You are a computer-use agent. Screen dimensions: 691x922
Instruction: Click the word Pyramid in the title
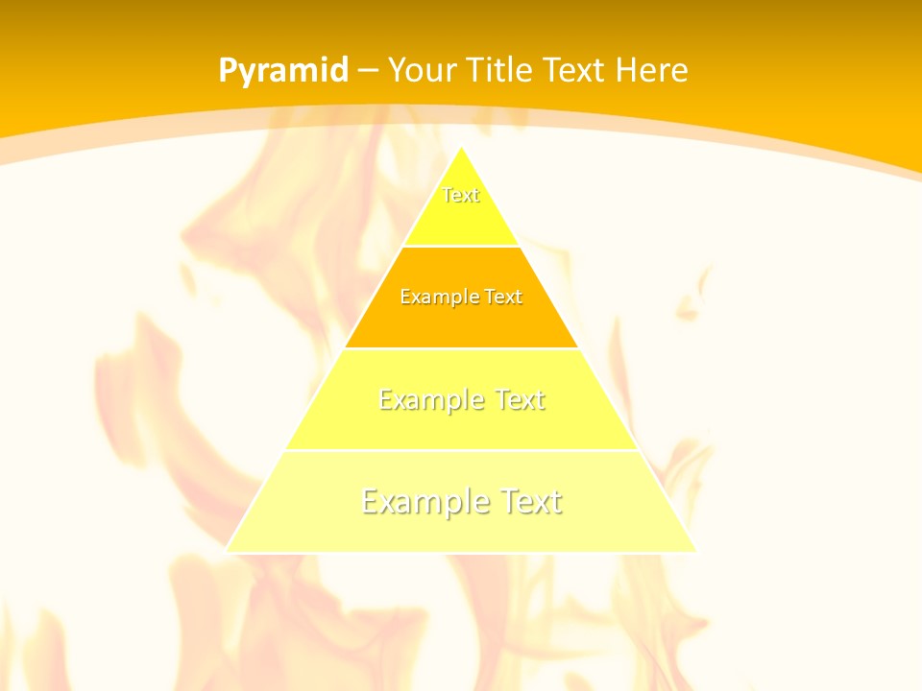(x=283, y=71)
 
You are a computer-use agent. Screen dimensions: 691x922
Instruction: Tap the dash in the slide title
(x=369, y=71)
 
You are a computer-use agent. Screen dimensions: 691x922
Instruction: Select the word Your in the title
(x=422, y=71)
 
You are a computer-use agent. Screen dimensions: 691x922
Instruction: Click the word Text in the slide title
(x=575, y=71)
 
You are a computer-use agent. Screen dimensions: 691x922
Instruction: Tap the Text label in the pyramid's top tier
(x=461, y=195)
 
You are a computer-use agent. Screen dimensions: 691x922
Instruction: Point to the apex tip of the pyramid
(x=461, y=147)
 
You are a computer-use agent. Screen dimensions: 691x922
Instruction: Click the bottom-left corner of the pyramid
(x=227, y=551)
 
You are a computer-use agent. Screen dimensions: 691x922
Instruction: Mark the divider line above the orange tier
(x=461, y=246)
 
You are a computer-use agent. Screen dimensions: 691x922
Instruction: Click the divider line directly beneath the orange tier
(x=461, y=348)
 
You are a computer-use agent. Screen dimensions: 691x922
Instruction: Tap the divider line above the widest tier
(x=461, y=450)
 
